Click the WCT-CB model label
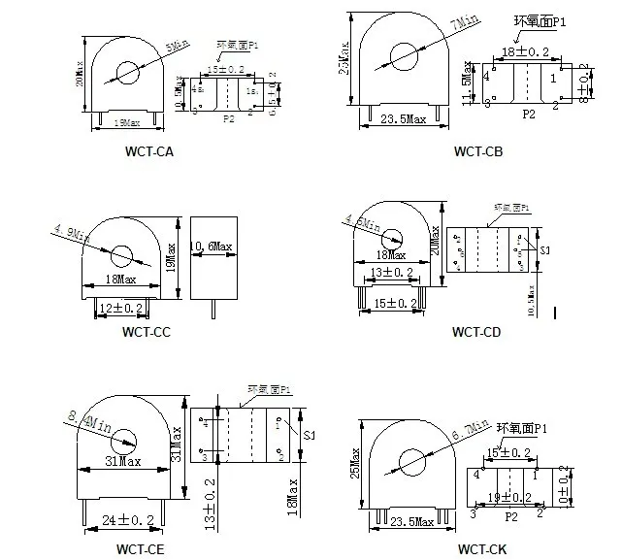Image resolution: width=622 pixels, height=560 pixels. point(478,151)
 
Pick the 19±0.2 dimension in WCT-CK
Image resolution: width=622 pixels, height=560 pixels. point(507,496)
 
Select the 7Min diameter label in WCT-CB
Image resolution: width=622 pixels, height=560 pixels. point(445,25)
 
